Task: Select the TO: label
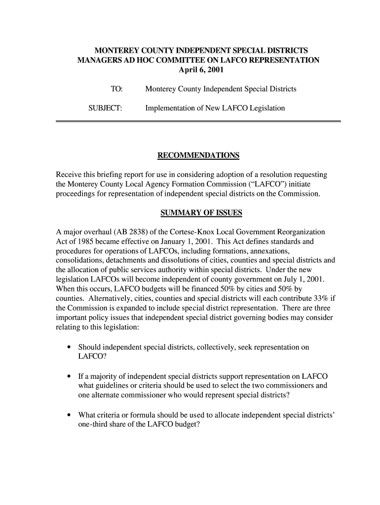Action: pos(116,89)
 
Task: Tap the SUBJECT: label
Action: pos(105,108)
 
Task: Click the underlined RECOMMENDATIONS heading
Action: pos(198,156)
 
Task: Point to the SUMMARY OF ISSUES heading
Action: pos(201,213)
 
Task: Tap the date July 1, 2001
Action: pos(303,280)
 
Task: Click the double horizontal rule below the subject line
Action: pos(198,121)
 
